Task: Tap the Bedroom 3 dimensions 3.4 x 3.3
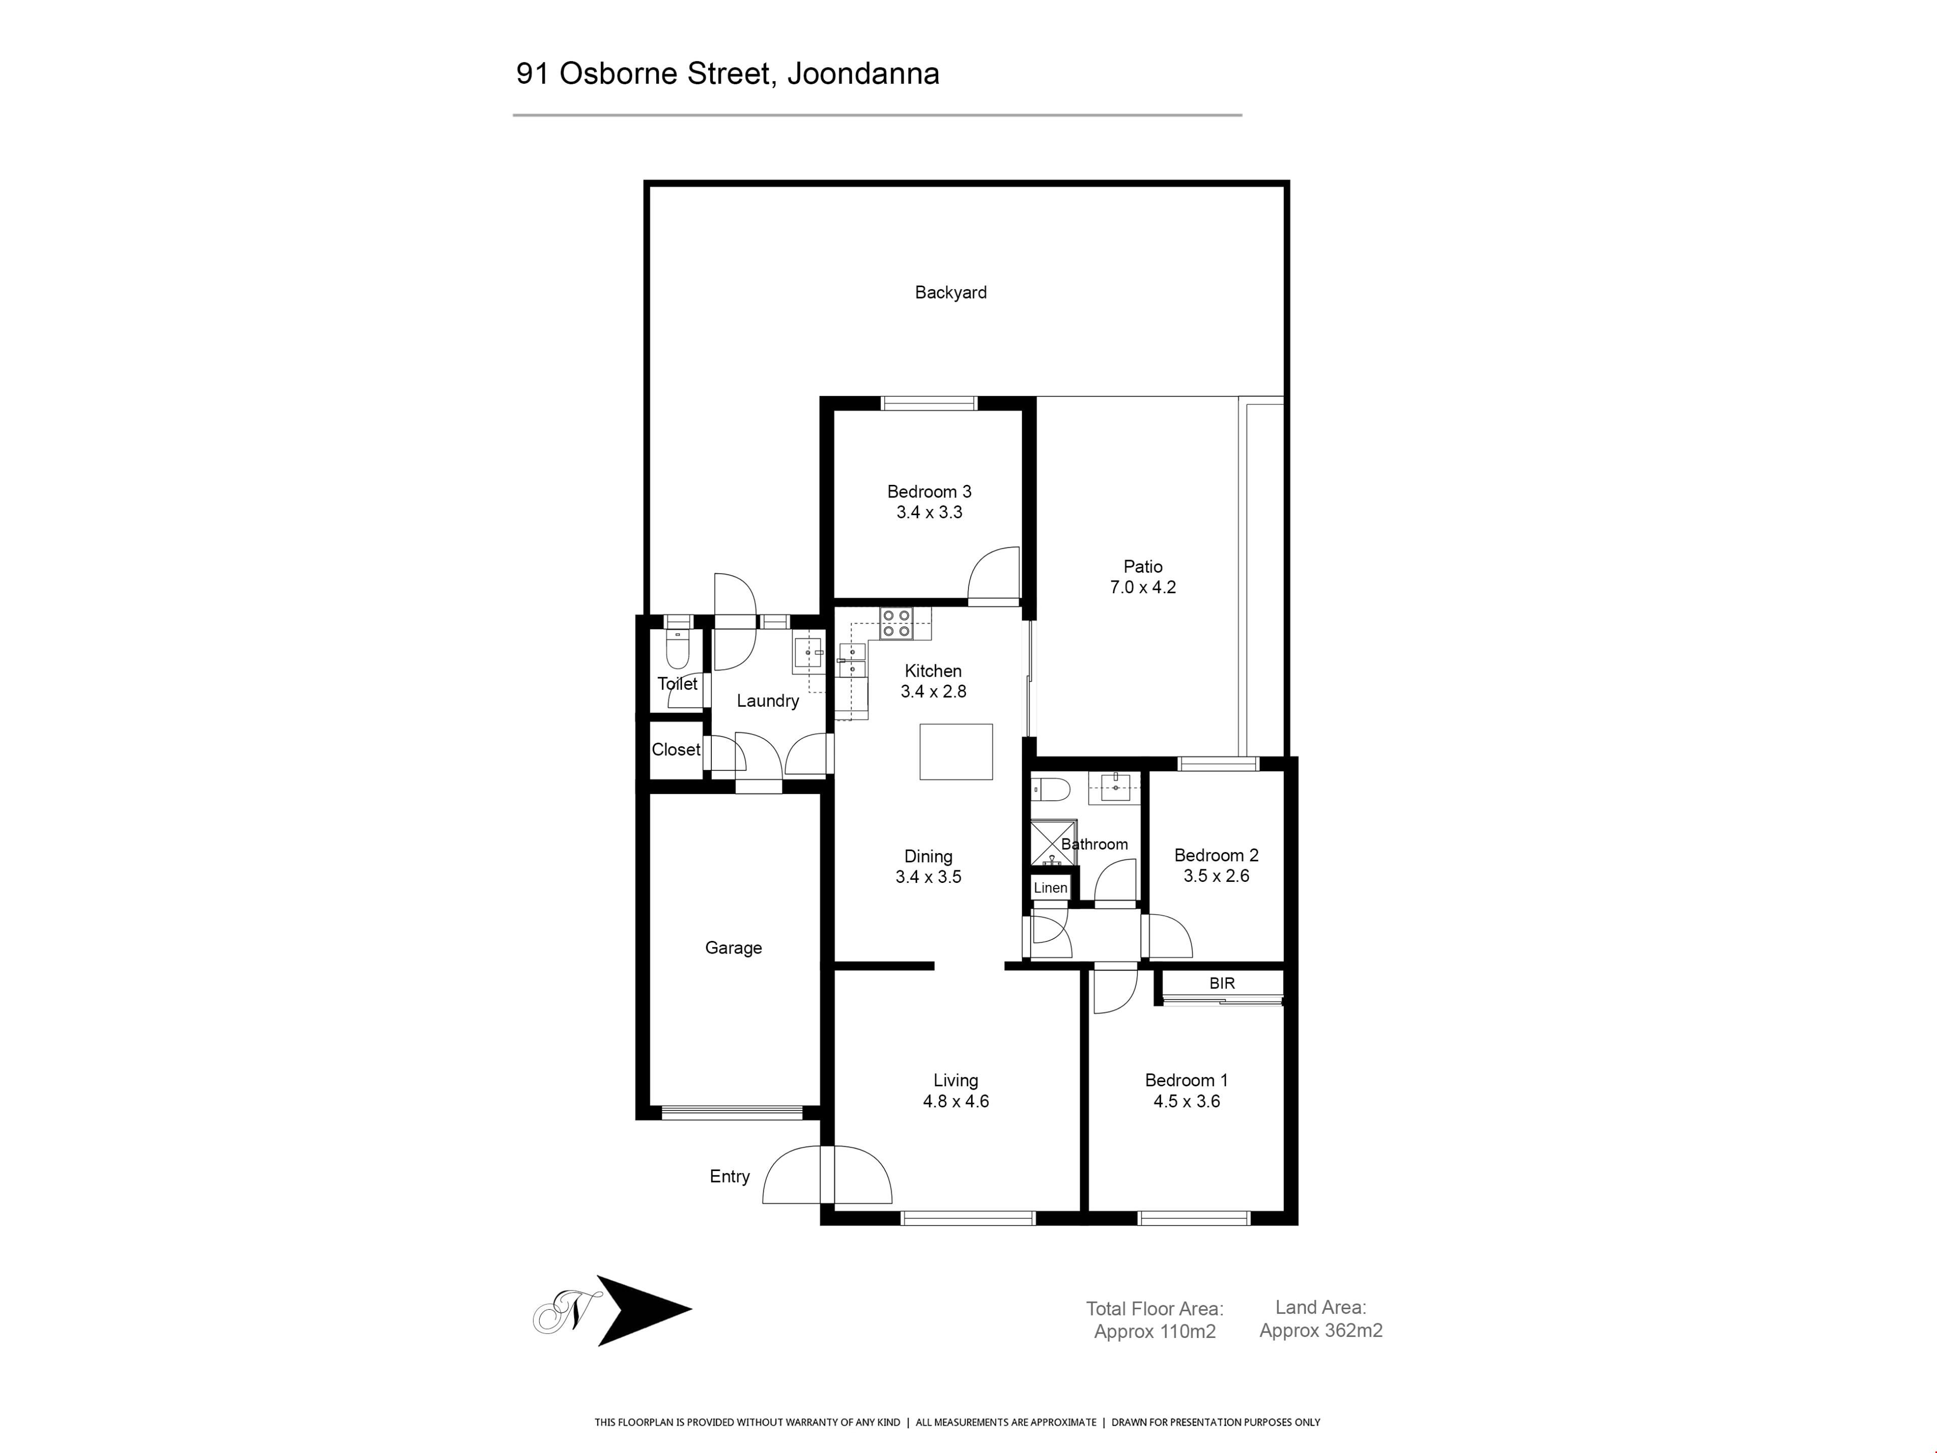point(929,513)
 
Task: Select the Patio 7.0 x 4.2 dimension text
point(1143,588)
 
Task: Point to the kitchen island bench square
point(955,751)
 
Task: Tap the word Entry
point(729,1176)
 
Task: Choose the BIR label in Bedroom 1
point(1222,984)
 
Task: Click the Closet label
point(676,750)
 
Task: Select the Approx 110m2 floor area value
point(1155,1332)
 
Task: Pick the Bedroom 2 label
point(1216,856)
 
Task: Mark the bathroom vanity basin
point(1116,788)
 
